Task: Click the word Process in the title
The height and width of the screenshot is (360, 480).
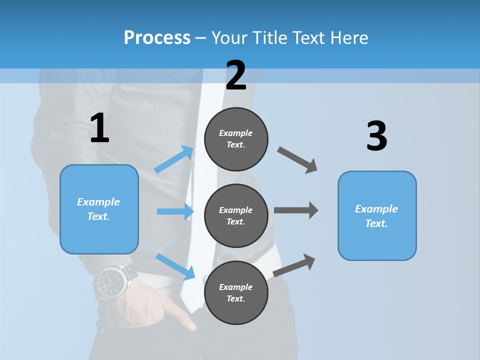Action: [x=157, y=38]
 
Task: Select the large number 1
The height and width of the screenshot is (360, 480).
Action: [x=99, y=128]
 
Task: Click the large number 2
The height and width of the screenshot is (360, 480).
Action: [x=236, y=75]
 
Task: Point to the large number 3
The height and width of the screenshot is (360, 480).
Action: [x=376, y=136]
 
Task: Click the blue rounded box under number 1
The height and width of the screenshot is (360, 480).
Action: [x=99, y=209]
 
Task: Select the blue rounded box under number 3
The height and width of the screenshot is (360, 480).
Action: [x=377, y=215]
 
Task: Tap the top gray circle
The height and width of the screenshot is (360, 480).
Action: [x=236, y=139]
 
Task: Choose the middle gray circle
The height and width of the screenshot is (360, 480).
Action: [x=236, y=215]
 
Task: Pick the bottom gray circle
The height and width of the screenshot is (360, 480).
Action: [x=236, y=292]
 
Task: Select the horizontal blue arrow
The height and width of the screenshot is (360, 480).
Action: [x=175, y=211]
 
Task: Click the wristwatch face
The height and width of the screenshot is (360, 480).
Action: [x=110, y=283]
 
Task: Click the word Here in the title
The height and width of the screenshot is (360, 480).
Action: [x=349, y=38]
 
